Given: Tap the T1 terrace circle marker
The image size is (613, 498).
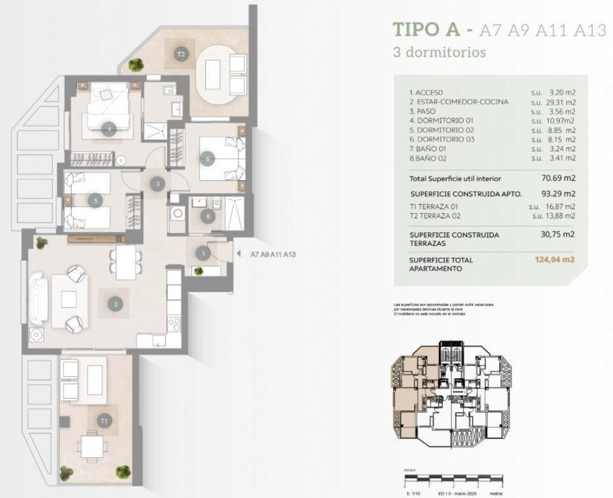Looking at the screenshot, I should point(105,421).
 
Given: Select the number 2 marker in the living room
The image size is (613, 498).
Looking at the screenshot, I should point(115,304).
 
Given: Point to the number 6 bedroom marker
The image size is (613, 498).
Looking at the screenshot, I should point(208,159).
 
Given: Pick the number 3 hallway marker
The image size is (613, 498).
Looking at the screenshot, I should point(157,184).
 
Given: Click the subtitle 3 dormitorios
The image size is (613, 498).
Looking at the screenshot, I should point(439,52).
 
